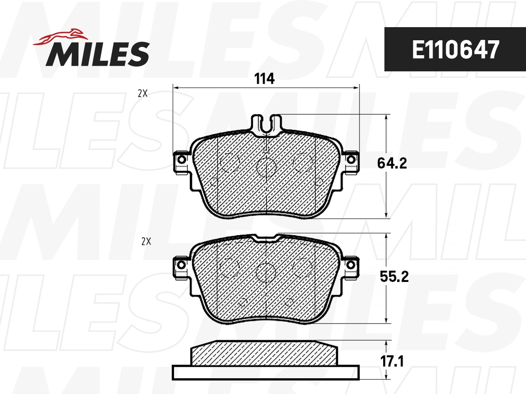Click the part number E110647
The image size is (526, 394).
pyautogui.click(x=455, y=50)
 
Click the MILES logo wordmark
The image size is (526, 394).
pyautogui.click(x=97, y=53)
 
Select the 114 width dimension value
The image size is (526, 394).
pyautogui.click(x=264, y=79)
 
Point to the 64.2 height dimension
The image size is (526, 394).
pyautogui.click(x=392, y=163)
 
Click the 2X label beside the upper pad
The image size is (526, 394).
pyautogui.click(x=142, y=93)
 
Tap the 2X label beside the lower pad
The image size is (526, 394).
pyautogui.click(x=146, y=241)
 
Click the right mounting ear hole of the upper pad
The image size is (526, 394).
pyautogui.click(x=351, y=159)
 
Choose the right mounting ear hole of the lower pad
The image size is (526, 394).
pyautogui.click(x=351, y=265)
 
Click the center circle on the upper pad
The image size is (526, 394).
pyautogui.click(x=266, y=167)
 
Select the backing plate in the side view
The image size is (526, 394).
pyautogui.click(x=266, y=372)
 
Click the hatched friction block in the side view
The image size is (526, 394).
pyautogui.click(x=264, y=354)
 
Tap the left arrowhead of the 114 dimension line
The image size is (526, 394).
pyautogui.click(x=176, y=88)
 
